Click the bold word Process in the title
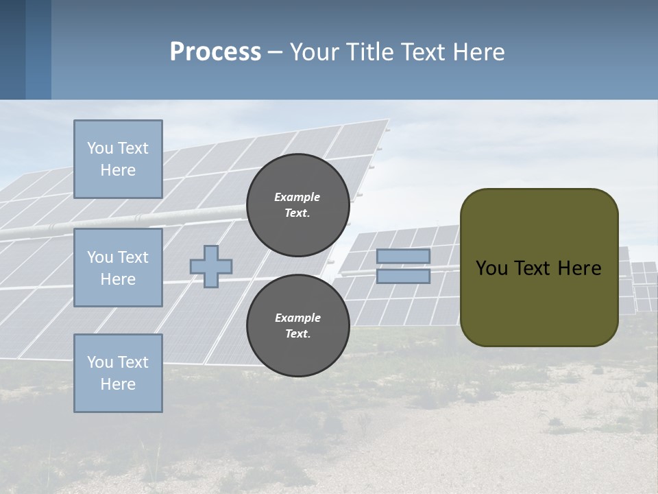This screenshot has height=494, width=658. point(215,51)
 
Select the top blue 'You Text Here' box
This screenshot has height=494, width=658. point(118,159)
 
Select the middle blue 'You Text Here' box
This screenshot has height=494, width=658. point(118,268)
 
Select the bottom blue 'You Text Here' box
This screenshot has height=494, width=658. point(118,373)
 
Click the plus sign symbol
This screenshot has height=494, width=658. point(211,266)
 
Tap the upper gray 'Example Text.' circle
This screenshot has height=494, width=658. point(297,204)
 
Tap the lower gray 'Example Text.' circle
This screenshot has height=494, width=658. point(297,325)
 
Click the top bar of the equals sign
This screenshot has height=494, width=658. point(403,256)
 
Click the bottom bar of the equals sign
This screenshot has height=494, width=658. point(403,276)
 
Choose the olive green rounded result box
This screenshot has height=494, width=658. point(539,268)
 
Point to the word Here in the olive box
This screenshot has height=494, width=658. point(580,268)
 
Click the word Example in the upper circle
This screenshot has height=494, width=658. point(297,197)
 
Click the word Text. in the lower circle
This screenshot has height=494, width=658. point(297,333)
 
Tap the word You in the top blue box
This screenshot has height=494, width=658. point(100,148)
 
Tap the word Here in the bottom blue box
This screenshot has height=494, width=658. point(118,384)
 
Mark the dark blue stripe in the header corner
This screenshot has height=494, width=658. point(12,49)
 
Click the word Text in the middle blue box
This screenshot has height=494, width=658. point(133,257)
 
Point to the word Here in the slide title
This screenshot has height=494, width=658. point(480,52)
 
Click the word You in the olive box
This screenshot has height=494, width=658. point(491,268)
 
